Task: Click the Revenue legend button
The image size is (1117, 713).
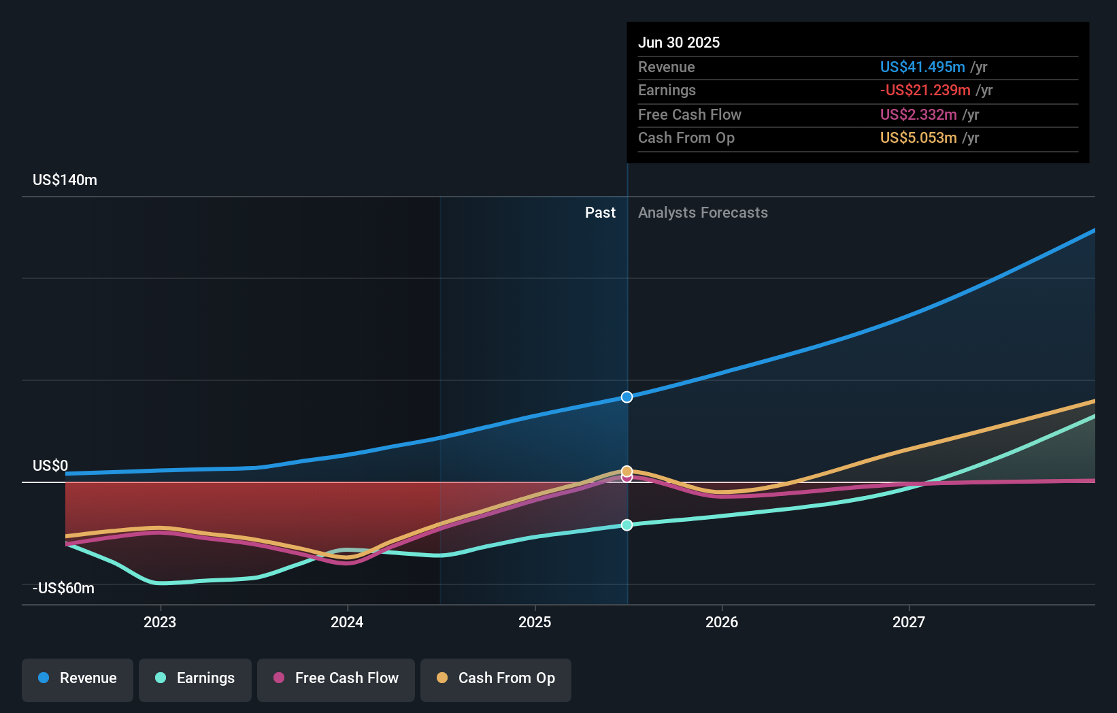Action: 78,678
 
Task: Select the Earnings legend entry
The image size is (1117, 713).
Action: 195,678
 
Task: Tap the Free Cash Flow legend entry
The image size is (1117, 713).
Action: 336,678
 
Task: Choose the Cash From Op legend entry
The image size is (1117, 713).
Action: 496,678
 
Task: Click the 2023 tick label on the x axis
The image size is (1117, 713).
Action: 160,622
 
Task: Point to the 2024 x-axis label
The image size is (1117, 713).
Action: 347,622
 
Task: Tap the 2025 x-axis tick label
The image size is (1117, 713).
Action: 535,622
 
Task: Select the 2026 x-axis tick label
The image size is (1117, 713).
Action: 722,622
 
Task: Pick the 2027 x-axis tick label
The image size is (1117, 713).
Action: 909,622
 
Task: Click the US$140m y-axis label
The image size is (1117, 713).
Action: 65,180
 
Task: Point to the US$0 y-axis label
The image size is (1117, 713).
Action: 50,466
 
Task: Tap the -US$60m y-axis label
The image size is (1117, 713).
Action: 63,588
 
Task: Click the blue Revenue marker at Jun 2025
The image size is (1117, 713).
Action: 627,397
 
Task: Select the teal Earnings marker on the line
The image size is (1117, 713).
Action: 627,525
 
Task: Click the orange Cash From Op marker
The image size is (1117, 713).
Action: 627,471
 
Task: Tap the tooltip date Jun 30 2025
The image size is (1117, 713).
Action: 679,42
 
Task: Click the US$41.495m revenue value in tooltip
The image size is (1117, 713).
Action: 922,67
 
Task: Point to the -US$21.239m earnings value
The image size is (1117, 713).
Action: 925,90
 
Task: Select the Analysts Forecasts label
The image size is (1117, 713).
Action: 703,213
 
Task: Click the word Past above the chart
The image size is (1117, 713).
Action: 600,213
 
